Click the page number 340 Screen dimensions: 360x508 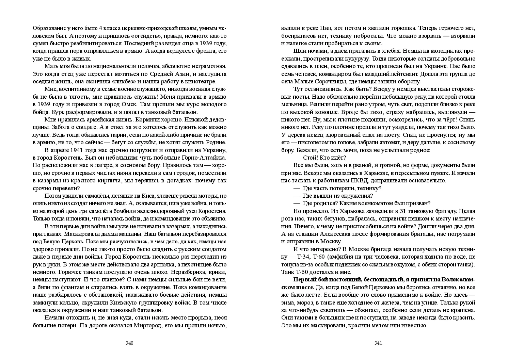point(129,343)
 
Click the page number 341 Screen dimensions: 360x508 point(378,343)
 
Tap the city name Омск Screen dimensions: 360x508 point(131,104)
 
